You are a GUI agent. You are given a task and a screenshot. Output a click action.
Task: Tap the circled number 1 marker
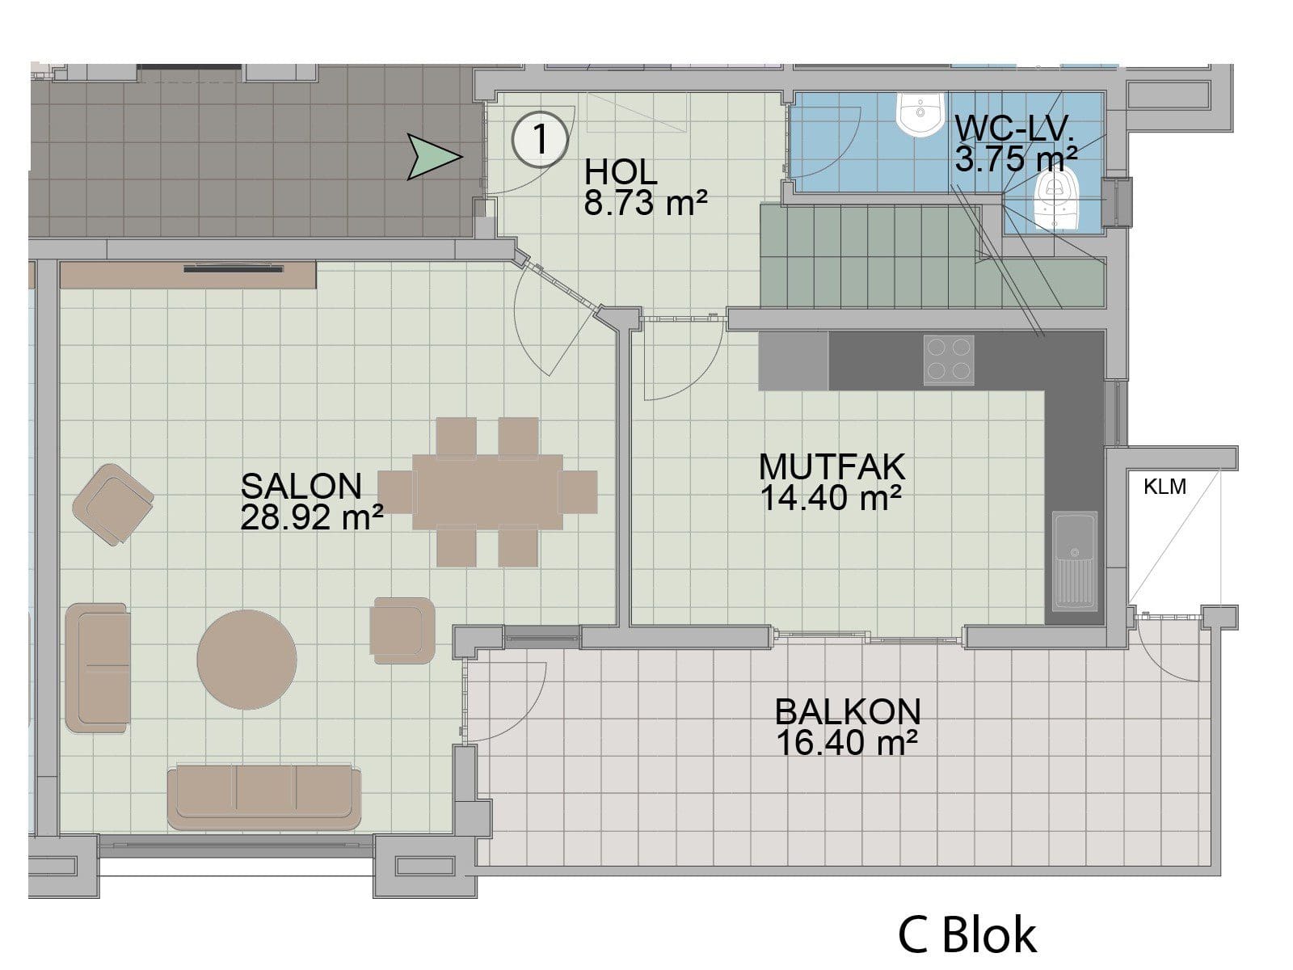(540, 140)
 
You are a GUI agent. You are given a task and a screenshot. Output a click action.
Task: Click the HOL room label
(621, 172)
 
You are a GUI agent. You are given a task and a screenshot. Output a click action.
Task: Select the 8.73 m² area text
(645, 203)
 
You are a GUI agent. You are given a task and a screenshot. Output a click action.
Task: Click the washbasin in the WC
(920, 114)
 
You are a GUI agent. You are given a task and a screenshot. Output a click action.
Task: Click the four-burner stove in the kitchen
(949, 360)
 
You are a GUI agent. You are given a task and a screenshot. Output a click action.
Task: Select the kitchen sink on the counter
(1075, 561)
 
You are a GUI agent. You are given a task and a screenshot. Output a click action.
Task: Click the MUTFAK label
(832, 467)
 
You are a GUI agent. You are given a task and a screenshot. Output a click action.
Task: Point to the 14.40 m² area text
(831, 498)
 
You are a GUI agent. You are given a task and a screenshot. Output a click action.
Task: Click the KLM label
(1165, 487)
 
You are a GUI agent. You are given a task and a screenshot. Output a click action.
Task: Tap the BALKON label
(848, 712)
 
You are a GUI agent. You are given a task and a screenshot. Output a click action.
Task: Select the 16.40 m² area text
(847, 743)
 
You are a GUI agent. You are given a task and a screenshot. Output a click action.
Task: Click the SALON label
(301, 487)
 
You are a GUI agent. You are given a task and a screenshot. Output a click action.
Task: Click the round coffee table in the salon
(246, 660)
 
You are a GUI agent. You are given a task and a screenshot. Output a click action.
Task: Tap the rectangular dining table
(487, 492)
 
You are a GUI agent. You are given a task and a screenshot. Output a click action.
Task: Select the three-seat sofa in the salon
(264, 798)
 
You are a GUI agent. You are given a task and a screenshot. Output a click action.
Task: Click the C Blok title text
(967, 934)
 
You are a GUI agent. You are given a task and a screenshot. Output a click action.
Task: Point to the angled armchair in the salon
(113, 504)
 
